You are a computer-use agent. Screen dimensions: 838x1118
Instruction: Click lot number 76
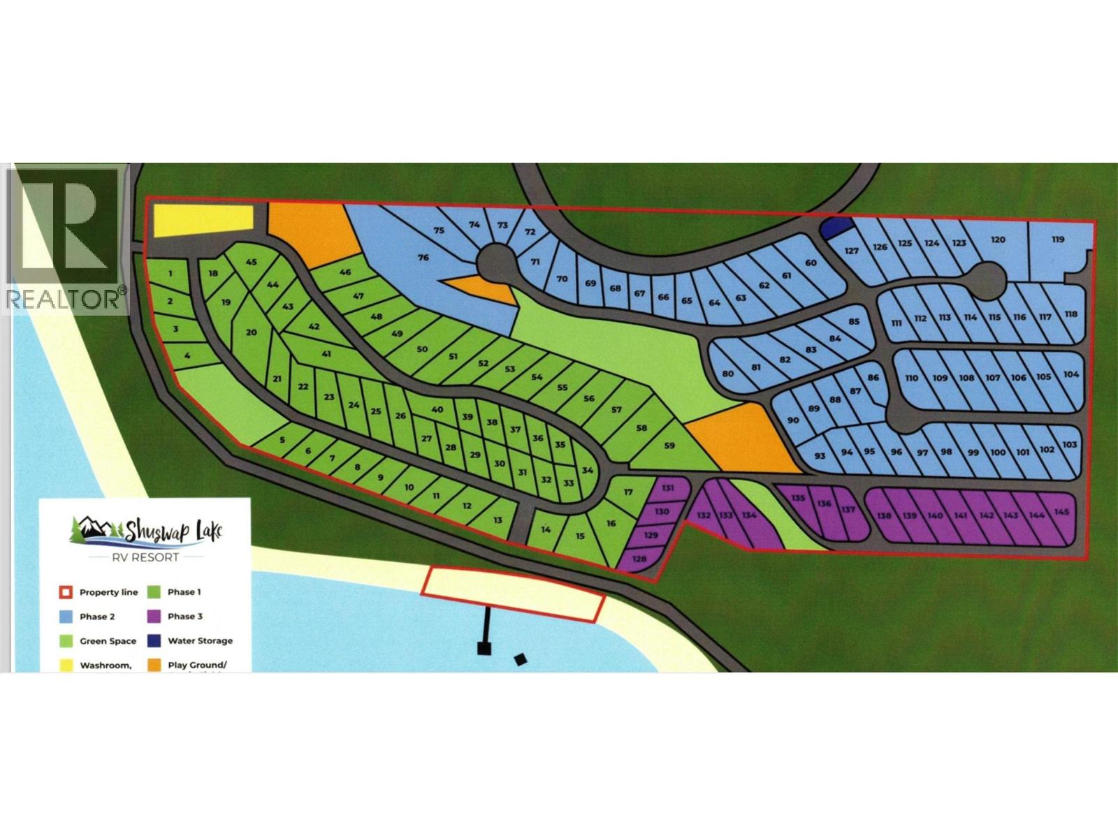[x=423, y=258]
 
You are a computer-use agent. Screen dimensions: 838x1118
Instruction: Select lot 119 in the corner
[x=1058, y=240]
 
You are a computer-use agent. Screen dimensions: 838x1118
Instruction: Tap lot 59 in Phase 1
[x=669, y=445]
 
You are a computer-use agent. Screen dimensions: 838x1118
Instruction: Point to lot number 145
[x=1061, y=513]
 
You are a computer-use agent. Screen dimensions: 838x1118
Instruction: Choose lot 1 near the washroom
[x=170, y=274]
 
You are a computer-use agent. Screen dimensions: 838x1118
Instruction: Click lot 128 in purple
[x=639, y=559]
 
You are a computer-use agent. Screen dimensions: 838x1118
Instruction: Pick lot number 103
[x=1070, y=445]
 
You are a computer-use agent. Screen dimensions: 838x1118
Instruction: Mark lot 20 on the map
[x=252, y=333]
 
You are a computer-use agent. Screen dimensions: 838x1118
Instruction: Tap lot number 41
[x=326, y=354]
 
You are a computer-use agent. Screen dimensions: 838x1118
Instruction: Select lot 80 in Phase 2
[x=728, y=374]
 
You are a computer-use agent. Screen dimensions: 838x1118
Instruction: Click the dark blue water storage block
[x=836, y=227]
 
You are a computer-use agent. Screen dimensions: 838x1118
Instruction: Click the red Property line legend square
[x=64, y=593]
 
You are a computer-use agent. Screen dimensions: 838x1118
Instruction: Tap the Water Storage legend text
[x=200, y=641]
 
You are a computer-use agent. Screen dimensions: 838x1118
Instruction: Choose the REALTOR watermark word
[x=63, y=300]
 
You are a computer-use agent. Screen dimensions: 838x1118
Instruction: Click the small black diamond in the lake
[x=520, y=659]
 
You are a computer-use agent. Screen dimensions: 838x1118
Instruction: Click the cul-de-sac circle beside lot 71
[x=495, y=263]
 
